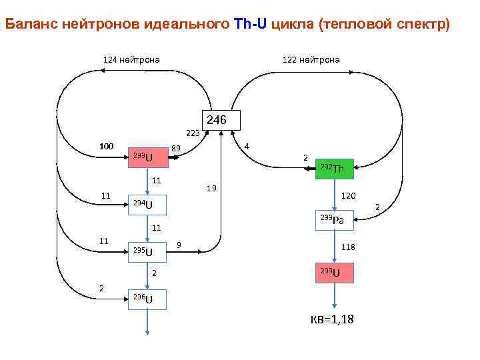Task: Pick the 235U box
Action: pyautogui.click(x=147, y=251)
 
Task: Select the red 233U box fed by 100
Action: pyautogui.click(x=147, y=157)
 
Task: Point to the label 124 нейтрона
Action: pyautogui.click(x=131, y=60)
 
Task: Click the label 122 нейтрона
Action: pyautogui.click(x=311, y=60)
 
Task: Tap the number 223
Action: pyautogui.click(x=193, y=133)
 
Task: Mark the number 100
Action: pyautogui.click(x=106, y=146)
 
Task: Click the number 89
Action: pyautogui.click(x=177, y=148)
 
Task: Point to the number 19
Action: pyautogui.click(x=211, y=189)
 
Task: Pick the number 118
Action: pyautogui.click(x=348, y=247)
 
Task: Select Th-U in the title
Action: pyautogui.click(x=250, y=25)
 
